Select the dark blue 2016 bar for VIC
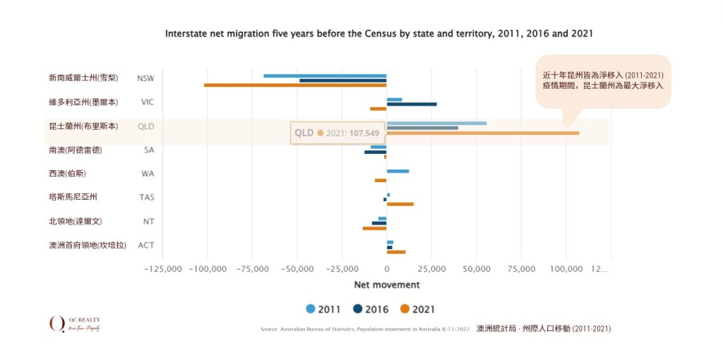412,104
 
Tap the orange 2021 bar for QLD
483,133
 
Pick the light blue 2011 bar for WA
398,171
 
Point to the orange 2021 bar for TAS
400,204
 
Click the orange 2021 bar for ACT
396,252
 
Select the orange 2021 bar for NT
374,228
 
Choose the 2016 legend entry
370,309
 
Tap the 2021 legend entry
417,309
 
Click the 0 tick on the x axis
386,269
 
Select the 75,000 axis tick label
521,269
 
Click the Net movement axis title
386,285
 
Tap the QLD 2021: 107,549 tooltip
337,133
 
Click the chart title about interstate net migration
378,33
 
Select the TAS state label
146,198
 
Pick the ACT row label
146,246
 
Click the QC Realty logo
75,324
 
